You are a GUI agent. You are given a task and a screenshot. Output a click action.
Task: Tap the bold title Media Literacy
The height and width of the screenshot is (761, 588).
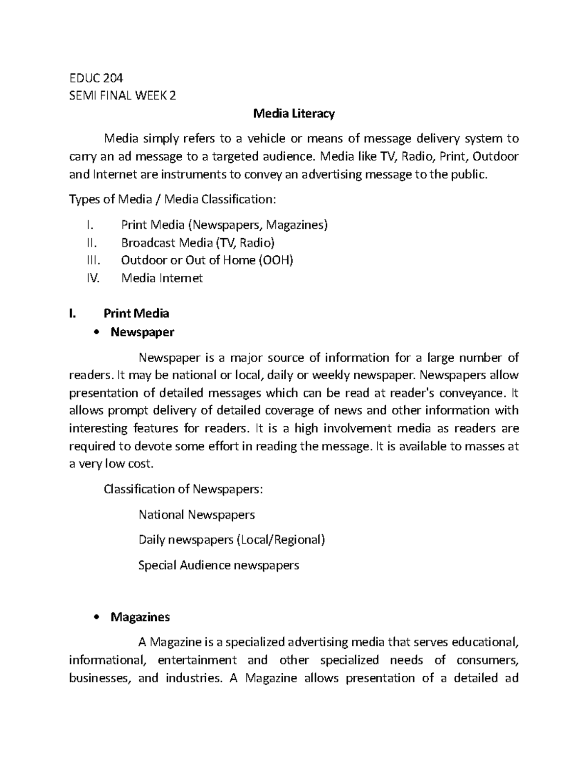click(x=294, y=114)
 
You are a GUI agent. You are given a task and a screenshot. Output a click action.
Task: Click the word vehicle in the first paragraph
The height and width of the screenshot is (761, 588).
click(x=264, y=139)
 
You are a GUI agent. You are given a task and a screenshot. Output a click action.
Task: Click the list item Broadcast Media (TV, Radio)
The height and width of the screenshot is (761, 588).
click(x=198, y=243)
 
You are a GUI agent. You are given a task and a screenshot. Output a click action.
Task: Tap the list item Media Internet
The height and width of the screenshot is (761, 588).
click(x=162, y=278)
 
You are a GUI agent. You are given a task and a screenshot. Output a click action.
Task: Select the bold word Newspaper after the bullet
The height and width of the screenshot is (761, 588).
click(x=142, y=332)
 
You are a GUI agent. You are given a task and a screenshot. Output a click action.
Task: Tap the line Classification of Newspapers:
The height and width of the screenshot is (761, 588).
click(x=183, y=489)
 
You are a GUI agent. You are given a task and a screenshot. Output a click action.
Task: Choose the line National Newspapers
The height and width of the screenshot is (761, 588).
click(x=196, y=515)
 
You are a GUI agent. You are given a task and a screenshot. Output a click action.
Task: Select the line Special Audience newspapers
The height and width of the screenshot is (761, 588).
click(x=219, y=565)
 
